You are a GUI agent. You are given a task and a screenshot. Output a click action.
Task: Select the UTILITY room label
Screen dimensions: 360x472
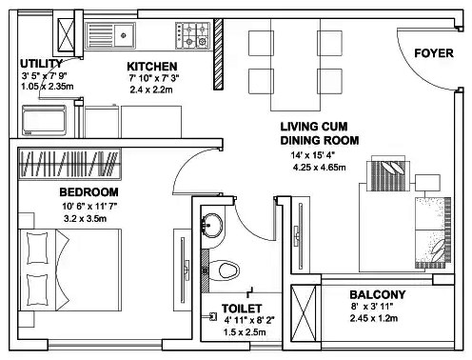[42, 64]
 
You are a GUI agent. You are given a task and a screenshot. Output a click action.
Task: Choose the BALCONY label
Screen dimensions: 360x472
[377, 294]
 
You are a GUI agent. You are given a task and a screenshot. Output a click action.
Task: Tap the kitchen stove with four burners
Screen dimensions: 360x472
[193, 36]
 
